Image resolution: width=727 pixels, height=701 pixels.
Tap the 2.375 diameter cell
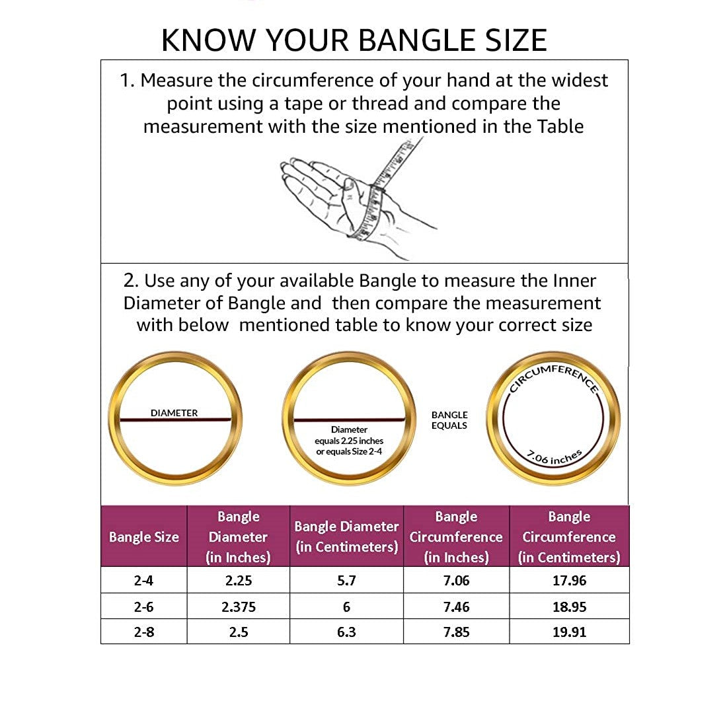click(239, 607)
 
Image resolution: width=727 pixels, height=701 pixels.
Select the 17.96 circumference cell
click(569, 581)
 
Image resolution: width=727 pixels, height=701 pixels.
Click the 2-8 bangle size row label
click(143, 632)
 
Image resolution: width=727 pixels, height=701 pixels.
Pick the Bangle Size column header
click(143, 537)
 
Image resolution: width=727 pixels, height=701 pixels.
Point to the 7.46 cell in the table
click(456, 607)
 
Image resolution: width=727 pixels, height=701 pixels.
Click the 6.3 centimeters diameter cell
click(346, 632)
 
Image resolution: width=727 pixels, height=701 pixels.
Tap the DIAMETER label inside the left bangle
click(174, 413)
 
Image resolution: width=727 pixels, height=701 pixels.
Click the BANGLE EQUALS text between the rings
click(449, 420)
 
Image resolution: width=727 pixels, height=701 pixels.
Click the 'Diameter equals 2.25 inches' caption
click(349, 441)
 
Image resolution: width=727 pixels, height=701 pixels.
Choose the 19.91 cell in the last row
click(569, 632)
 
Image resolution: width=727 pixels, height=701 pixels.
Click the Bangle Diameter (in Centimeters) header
click(346, 536)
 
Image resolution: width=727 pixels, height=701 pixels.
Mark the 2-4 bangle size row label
click(143, 581)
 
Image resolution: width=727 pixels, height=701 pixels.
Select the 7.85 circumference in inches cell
click(456, 632)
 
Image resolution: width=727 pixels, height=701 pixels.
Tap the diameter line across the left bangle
click(175, 420)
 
